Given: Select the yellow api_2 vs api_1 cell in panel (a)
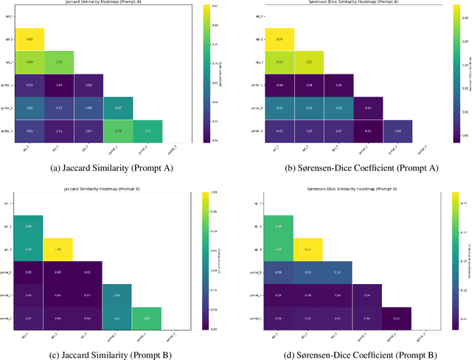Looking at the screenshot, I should click(x=29, y=38).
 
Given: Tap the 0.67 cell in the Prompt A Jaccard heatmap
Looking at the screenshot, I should click(x=117, y=108).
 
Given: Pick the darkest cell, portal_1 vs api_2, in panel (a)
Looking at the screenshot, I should click(x=59, y=85).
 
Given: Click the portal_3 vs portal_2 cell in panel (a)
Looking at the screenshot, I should click(x=147, y=131).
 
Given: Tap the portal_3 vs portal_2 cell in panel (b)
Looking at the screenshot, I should click(x=398, y=131).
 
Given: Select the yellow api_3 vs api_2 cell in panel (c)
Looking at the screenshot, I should click(x=59, y=249).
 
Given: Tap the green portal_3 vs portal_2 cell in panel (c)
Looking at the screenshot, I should click(x=147, y=318).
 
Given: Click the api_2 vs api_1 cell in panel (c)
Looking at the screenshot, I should click(x=29, y=226).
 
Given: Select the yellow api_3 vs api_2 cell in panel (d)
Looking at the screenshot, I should click(x=309, y=249).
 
